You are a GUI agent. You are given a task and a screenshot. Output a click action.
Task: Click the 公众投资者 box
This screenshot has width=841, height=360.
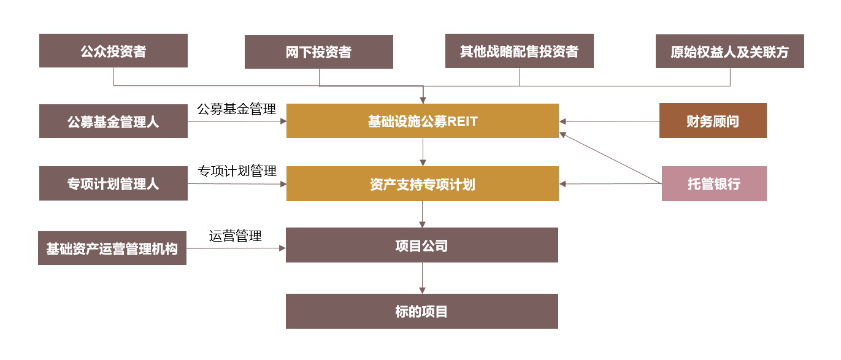click(x=113, y=51)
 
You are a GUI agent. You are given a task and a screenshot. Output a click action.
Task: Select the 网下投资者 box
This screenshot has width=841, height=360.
click(x=319, y=52)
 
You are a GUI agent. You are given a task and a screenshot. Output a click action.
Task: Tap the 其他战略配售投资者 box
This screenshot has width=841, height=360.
click(x=520, y=51)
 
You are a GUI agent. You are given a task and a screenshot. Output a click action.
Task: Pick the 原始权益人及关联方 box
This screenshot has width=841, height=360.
click(x=729, y=52)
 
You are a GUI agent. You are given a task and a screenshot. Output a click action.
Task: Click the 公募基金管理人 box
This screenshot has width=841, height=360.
click(x=113, y=121)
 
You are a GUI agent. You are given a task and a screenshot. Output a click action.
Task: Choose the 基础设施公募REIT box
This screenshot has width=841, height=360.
click(x=423, y=121)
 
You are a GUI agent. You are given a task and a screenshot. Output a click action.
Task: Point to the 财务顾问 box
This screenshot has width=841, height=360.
click(x=713, y=121)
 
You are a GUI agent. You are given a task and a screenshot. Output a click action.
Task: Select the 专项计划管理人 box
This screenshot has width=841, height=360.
click(x=113, y=183)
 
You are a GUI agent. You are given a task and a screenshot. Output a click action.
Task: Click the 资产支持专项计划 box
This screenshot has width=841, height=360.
click(x=423, y=184)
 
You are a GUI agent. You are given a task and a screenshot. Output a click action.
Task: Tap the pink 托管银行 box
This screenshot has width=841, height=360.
click(x=714, y=184)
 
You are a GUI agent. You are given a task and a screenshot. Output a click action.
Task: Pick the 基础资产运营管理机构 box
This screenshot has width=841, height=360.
click(x=112, y=248)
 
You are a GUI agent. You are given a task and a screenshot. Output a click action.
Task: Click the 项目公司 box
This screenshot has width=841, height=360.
click(x=422, y=245)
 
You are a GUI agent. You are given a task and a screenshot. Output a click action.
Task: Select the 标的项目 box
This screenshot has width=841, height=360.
click(x=422, y=312)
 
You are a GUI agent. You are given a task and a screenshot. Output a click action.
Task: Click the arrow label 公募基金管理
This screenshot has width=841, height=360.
click(x=236, y=109)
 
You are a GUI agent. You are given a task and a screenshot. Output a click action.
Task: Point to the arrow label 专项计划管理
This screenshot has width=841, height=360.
click(x=237, y=171)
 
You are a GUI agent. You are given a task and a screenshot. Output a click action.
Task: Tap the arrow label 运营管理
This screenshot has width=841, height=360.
click(x=236, y=236)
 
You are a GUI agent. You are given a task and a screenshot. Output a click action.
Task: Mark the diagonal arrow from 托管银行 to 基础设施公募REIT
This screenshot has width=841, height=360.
click(x=611, y=158)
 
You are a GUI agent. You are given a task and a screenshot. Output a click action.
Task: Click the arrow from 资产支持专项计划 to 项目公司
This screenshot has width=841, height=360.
click(x=422, y=214)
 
